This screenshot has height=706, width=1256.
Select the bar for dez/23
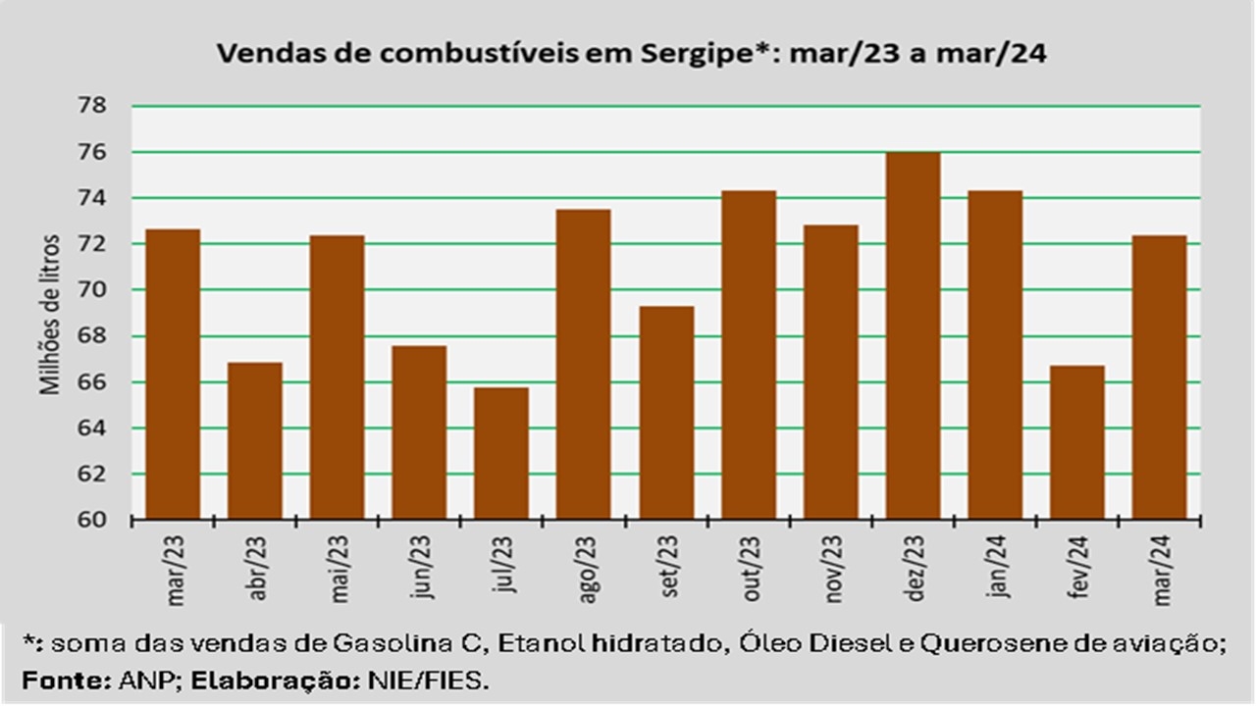[x=913, y=335]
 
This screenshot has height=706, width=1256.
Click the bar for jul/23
[x=501, y=453]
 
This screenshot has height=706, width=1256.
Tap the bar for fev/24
[x=1077, y=442]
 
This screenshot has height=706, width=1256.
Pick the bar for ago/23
[x=583, y=364]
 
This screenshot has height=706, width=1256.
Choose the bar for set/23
[x=666, y=413]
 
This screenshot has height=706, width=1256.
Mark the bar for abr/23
[x=255, y=440]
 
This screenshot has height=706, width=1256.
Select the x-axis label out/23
[x=752, y=570]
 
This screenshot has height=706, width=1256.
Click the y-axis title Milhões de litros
[x=51, y=314]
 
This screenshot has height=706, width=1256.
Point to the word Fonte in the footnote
[x=52, y=679]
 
